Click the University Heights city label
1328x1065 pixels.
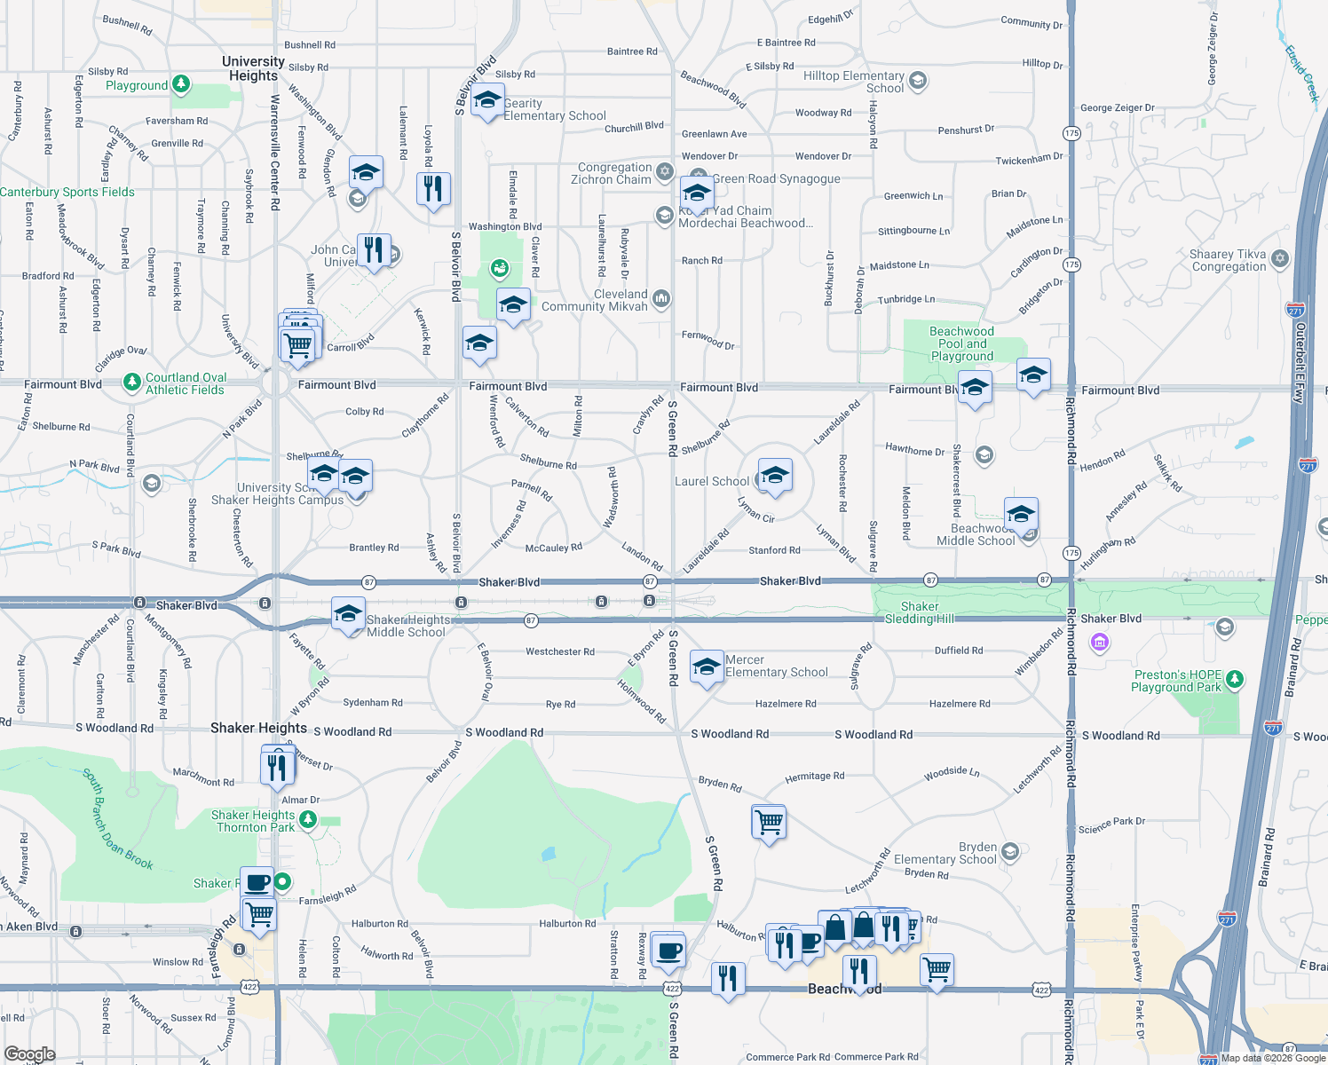coord(253,68)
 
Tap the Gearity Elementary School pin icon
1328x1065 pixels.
coord(487,102)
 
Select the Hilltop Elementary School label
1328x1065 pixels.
coord(853,82)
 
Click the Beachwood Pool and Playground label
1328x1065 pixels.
coord(961,343)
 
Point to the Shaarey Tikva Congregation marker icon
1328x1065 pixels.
coord(1279,258)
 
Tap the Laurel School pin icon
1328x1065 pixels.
coord(774,475)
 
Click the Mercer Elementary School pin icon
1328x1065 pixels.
coord(707,667)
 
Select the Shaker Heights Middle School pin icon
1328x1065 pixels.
coord(348,614)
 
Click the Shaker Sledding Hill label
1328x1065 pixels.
coord(920,612)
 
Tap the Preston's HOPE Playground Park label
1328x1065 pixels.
coord(1177,681)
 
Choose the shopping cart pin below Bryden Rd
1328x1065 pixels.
coord(769,822)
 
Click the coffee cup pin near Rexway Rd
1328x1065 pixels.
coord(668,951)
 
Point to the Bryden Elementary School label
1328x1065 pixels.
coord(945,853)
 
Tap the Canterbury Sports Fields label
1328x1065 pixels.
coord(67,192)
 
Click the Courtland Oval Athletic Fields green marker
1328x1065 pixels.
coord(132,382)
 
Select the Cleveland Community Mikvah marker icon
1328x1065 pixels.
coord(660,298)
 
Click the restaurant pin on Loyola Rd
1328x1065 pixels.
coord(433,189)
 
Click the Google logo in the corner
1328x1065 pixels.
coord(29,1053)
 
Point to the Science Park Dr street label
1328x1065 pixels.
coord(1111,825)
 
